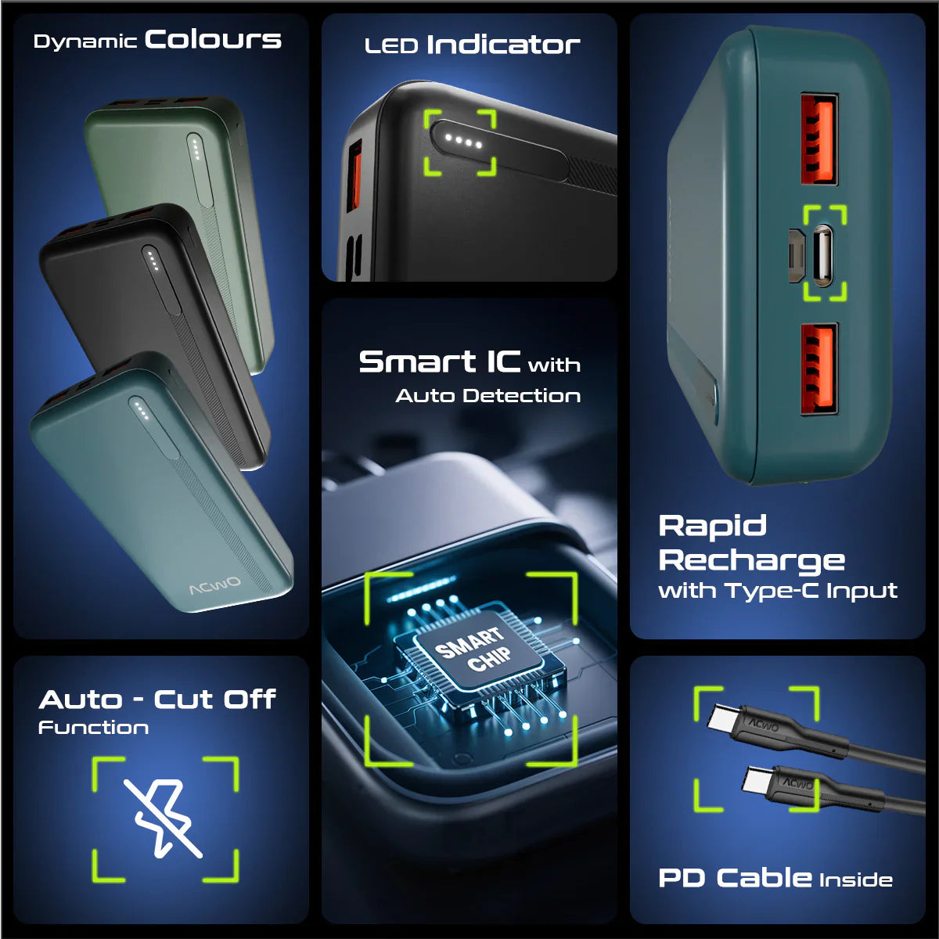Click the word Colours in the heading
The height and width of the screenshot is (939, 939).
[x=213, y=39]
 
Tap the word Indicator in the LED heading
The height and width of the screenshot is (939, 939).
[x=503, y=45]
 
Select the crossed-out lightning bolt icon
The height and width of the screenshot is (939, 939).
[x=164, y=818]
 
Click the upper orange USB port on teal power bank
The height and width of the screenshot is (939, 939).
[x=819, y=139]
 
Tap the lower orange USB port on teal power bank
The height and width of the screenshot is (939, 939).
[x=819, y=369]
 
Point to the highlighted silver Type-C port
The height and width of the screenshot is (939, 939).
[x=823, y=255]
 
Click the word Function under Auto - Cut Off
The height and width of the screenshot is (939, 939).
[x=94, y=728]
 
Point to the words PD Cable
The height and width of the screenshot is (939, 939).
[x=736, y=878]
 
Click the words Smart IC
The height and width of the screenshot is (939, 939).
[x=440, y=362]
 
